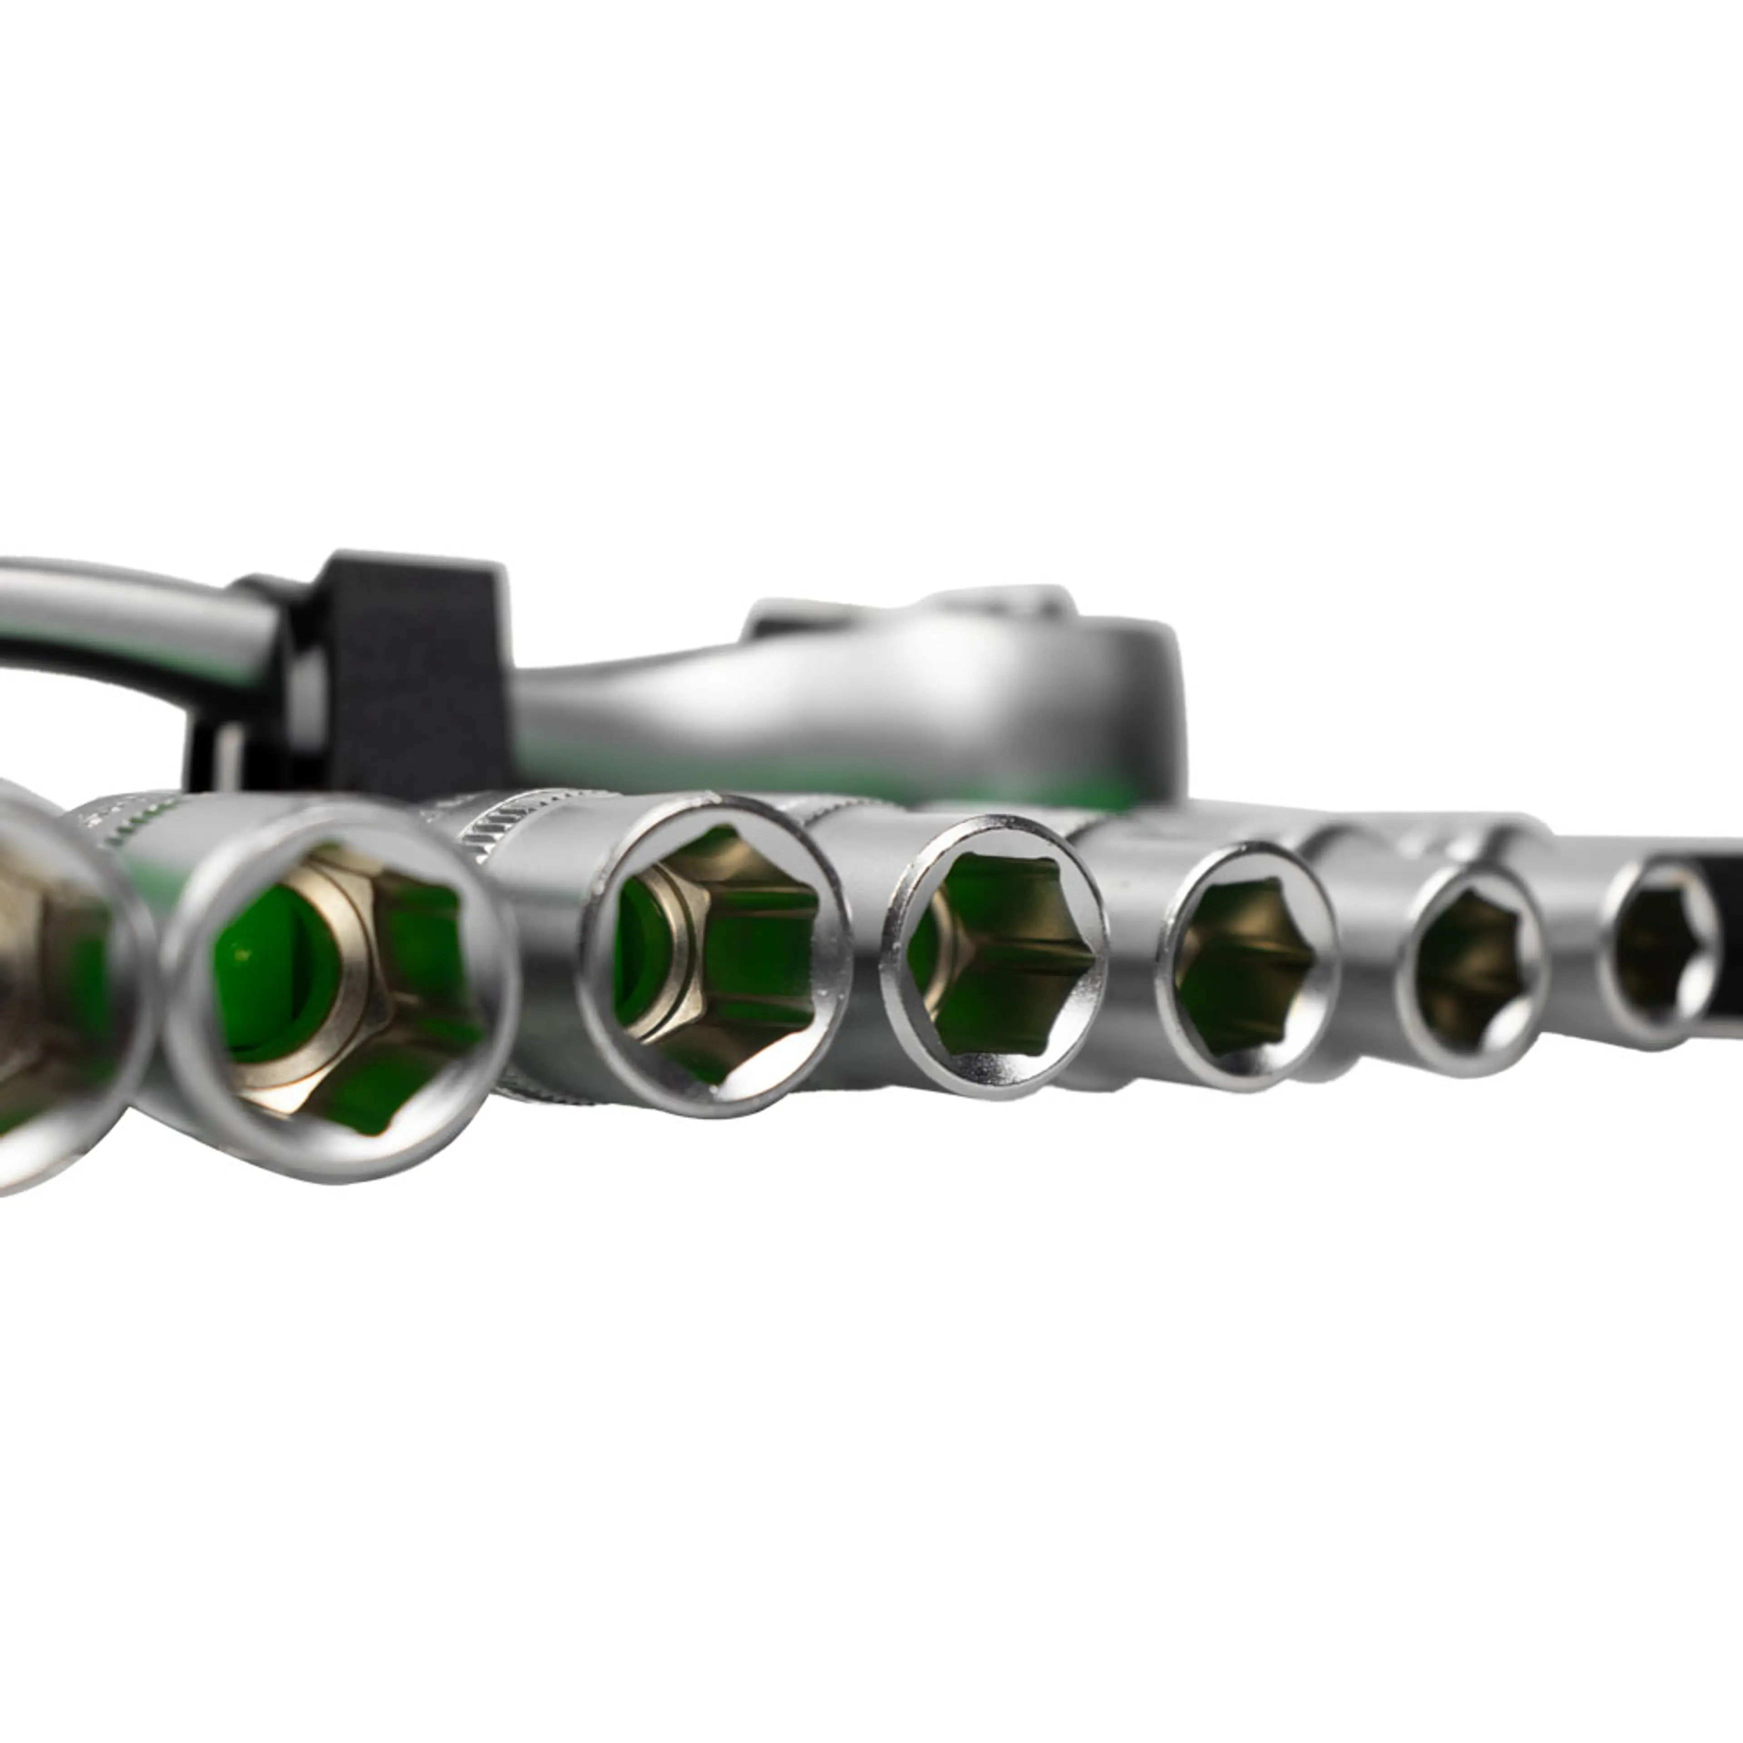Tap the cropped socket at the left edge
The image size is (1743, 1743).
pos(54,983)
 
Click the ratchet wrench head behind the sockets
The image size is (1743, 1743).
pos(1038,686)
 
